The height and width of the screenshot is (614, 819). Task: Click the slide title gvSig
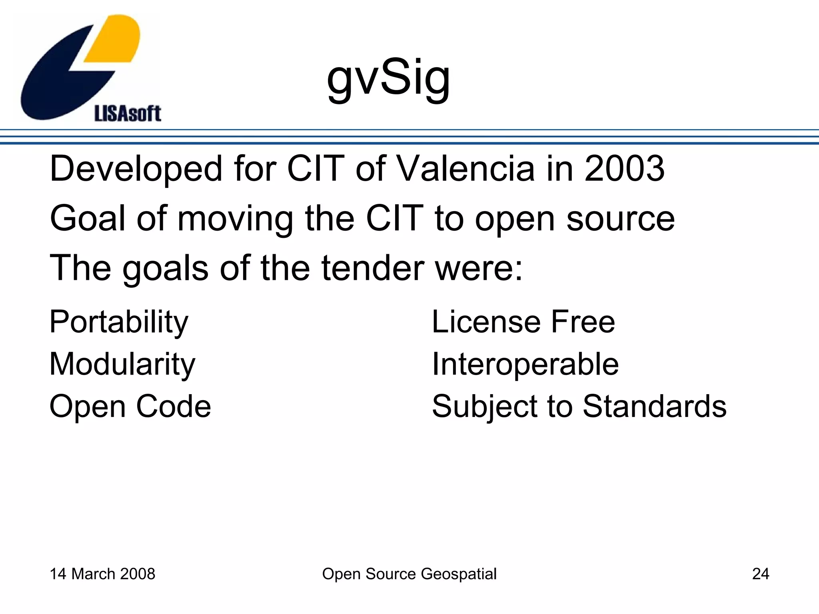(388, 78)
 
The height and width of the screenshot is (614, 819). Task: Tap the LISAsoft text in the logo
(128, 114)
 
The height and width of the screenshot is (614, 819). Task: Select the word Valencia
(466, 169)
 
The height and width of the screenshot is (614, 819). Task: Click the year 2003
(624, 169)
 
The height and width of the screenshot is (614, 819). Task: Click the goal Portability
(119, 322)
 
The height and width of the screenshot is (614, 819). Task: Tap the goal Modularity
(122, 365)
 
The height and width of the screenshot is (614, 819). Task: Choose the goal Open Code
(130, 406)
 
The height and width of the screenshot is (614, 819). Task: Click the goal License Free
(523, 322)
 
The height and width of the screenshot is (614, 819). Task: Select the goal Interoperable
(525, 365)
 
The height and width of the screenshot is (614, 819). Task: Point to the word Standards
(654, 406)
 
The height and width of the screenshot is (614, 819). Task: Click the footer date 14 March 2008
(102, 574)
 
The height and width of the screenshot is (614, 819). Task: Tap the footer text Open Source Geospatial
(409, 574)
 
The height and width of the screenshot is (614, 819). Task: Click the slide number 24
(760, 574)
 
